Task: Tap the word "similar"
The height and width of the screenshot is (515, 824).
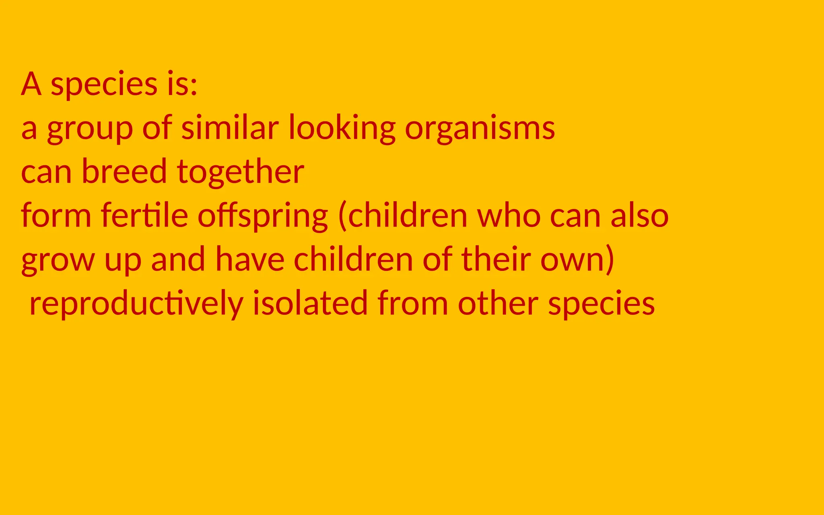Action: [x=230, y=128]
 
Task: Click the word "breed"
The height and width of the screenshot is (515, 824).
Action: [x=124, y=171]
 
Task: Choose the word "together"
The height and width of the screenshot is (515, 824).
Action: [x=240, y=173]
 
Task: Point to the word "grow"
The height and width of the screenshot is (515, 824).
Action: [x=58, y=262]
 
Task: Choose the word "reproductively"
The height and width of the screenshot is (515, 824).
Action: [x=136, y=304]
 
